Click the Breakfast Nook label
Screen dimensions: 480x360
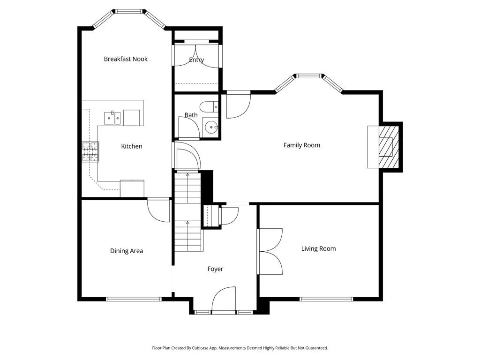[x=126, y=59]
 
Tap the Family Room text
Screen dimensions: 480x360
[x=301, y=145]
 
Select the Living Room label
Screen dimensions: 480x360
[x=318, y=248]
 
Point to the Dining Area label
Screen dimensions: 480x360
[x=127, y=251]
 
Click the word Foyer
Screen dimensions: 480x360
[x=215, y=269]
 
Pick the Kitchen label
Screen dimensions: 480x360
[x=132, y=146]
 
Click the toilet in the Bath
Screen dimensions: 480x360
[x=209, y=107]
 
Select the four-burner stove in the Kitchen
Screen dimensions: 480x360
[x=90, y=151]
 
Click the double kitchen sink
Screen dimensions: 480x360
[x=112, y=118]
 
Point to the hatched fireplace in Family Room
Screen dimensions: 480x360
[x=389, y=147]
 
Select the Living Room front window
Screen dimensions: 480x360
[x=326, y=299]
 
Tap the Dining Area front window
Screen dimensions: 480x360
[x=134, y=299]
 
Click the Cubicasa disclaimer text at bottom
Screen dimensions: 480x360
[x=240, y=348]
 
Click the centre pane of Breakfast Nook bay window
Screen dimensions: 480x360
[x=129, y=11]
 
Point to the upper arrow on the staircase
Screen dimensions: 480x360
[x=187, y=175]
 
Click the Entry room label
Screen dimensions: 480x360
[x=196, y=60]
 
